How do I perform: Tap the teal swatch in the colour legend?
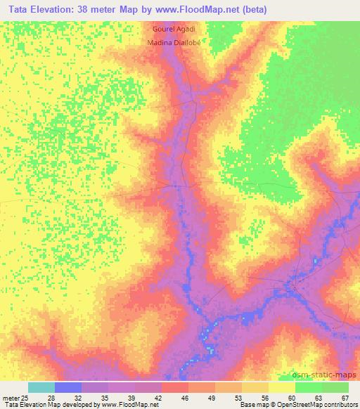click(41, 387)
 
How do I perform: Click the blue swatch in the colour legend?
click(68, 387)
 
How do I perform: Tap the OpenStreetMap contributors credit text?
click(324, 405)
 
